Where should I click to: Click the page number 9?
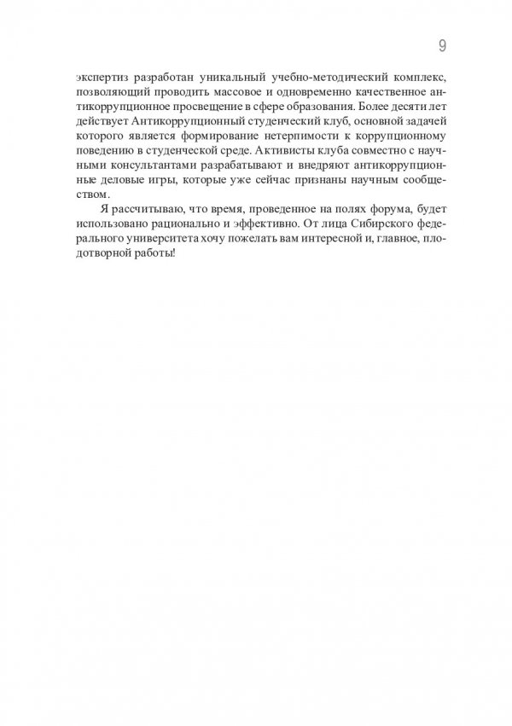click(x=441, y=45)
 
